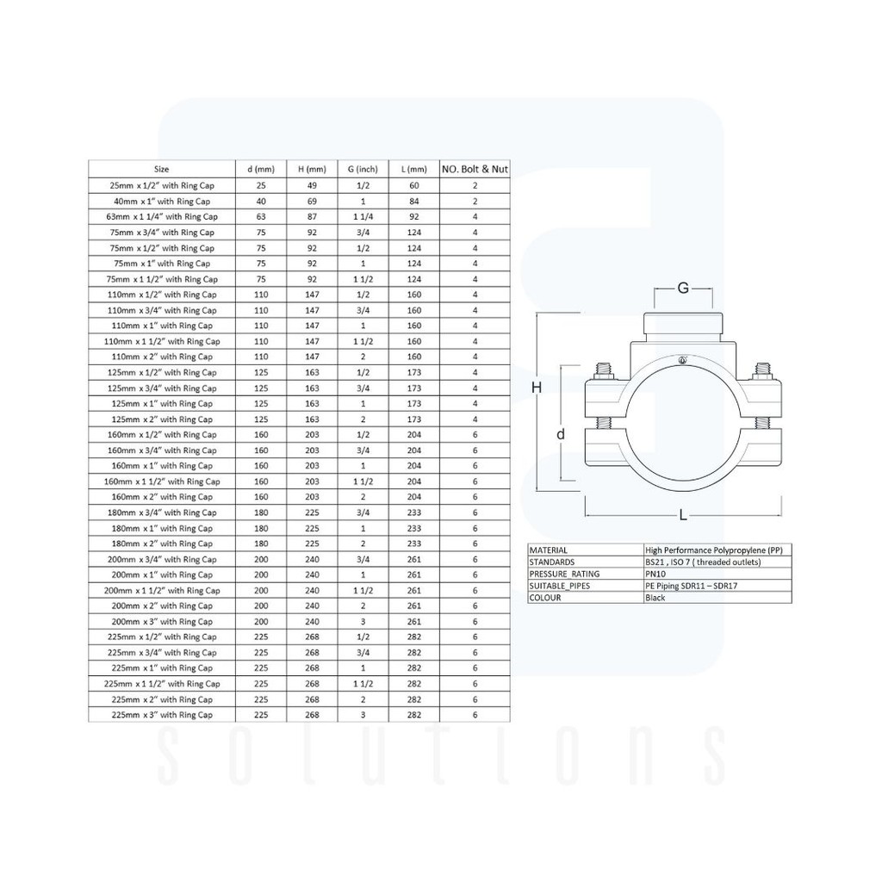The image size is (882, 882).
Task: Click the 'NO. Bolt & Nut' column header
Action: click(x=475, y=169)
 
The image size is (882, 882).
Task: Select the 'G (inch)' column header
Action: click(x=363, y=170)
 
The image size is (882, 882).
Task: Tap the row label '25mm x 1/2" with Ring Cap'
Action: click(x=162, y=185)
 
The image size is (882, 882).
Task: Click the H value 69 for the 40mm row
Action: click(x=312, y=201)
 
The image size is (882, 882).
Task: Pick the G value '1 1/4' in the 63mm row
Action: click(x=363, y=216)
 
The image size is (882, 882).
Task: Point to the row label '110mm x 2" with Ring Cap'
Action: click(x=162, y=357)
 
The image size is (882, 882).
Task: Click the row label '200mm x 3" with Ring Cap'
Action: click(x=162, y=622)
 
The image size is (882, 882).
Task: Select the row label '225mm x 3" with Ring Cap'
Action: click(x=162, y=715)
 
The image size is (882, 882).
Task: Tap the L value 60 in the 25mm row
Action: click(x=414, y=185)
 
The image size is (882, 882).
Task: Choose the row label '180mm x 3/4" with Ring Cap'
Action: click(x=162, y=512)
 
